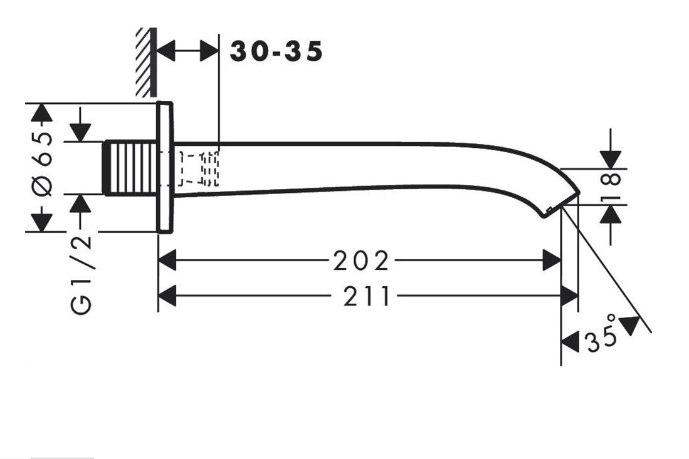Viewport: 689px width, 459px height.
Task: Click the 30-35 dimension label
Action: click(276, 51)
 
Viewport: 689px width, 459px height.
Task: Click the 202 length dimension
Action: click(360, 260)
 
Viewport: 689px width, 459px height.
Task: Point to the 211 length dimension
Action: click(367, 296)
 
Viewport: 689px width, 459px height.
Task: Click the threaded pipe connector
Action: click(130, 168)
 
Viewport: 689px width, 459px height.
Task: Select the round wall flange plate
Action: click(165, 168)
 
